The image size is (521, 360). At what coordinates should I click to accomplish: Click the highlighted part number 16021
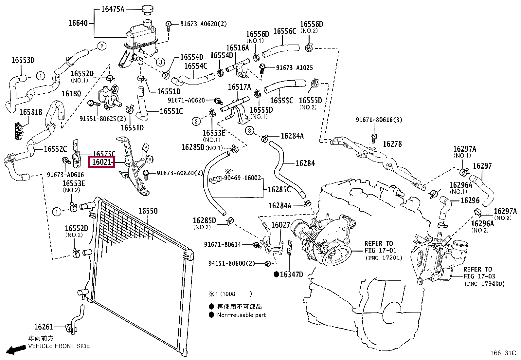pyautogui.click(x=102, y=162)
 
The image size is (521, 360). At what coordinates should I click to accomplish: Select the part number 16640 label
pyautogui.click(x=78, y=23)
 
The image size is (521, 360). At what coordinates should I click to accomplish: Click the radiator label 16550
pyautogui.click(x=148, y=211)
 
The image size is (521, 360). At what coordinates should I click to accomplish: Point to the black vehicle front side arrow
pyautogui.click(x=16, y=350)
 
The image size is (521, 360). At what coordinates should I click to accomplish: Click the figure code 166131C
pyautogui.click(x=503, y=353)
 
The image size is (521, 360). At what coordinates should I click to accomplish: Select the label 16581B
pyautogui.click(x=31, y=112)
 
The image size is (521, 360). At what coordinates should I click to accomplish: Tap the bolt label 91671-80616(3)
pyautogui.click(x=379, y=120)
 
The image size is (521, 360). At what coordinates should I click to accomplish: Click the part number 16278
pyautogui.click(x=392, y=144)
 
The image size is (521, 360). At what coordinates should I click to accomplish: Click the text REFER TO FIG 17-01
pyautogui.click(x=380, y=247)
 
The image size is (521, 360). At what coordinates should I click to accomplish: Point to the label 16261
pyautogui.click(x=44, y=327)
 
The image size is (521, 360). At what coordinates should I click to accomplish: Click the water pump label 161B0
pyautogui.click(x=71, y=94)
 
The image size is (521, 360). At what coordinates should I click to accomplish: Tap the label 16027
pyautogui.click(x=280, y=225)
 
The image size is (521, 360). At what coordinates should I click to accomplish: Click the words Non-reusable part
pyautogui.click(x=241, y=315)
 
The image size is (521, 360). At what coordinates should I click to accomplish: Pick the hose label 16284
pyautogui.click(x=305, y=163)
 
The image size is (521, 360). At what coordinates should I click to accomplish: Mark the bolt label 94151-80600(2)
pyautogui.click(x=231, y=263)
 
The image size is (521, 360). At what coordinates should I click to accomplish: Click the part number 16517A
pyautogui.click(x=239, y=87)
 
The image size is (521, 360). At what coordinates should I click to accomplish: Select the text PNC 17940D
pyautogui.click(x=485, y=284)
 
